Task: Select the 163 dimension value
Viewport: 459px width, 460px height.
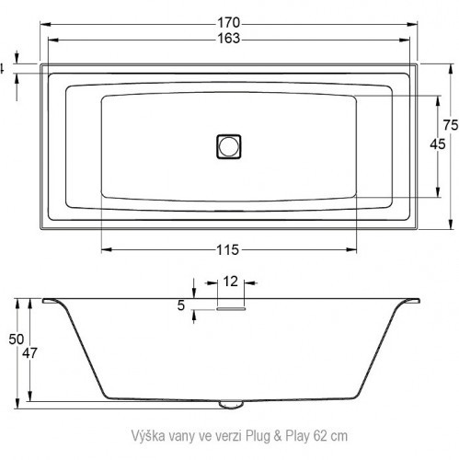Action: [229, 39]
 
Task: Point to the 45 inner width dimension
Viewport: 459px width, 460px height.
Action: [438, 143]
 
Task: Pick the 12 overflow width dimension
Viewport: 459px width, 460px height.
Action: [230, 281]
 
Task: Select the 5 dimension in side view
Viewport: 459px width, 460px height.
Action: [181, 305]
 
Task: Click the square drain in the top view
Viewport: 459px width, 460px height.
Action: [229, 145]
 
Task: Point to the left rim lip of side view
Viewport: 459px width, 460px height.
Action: [51, 300]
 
